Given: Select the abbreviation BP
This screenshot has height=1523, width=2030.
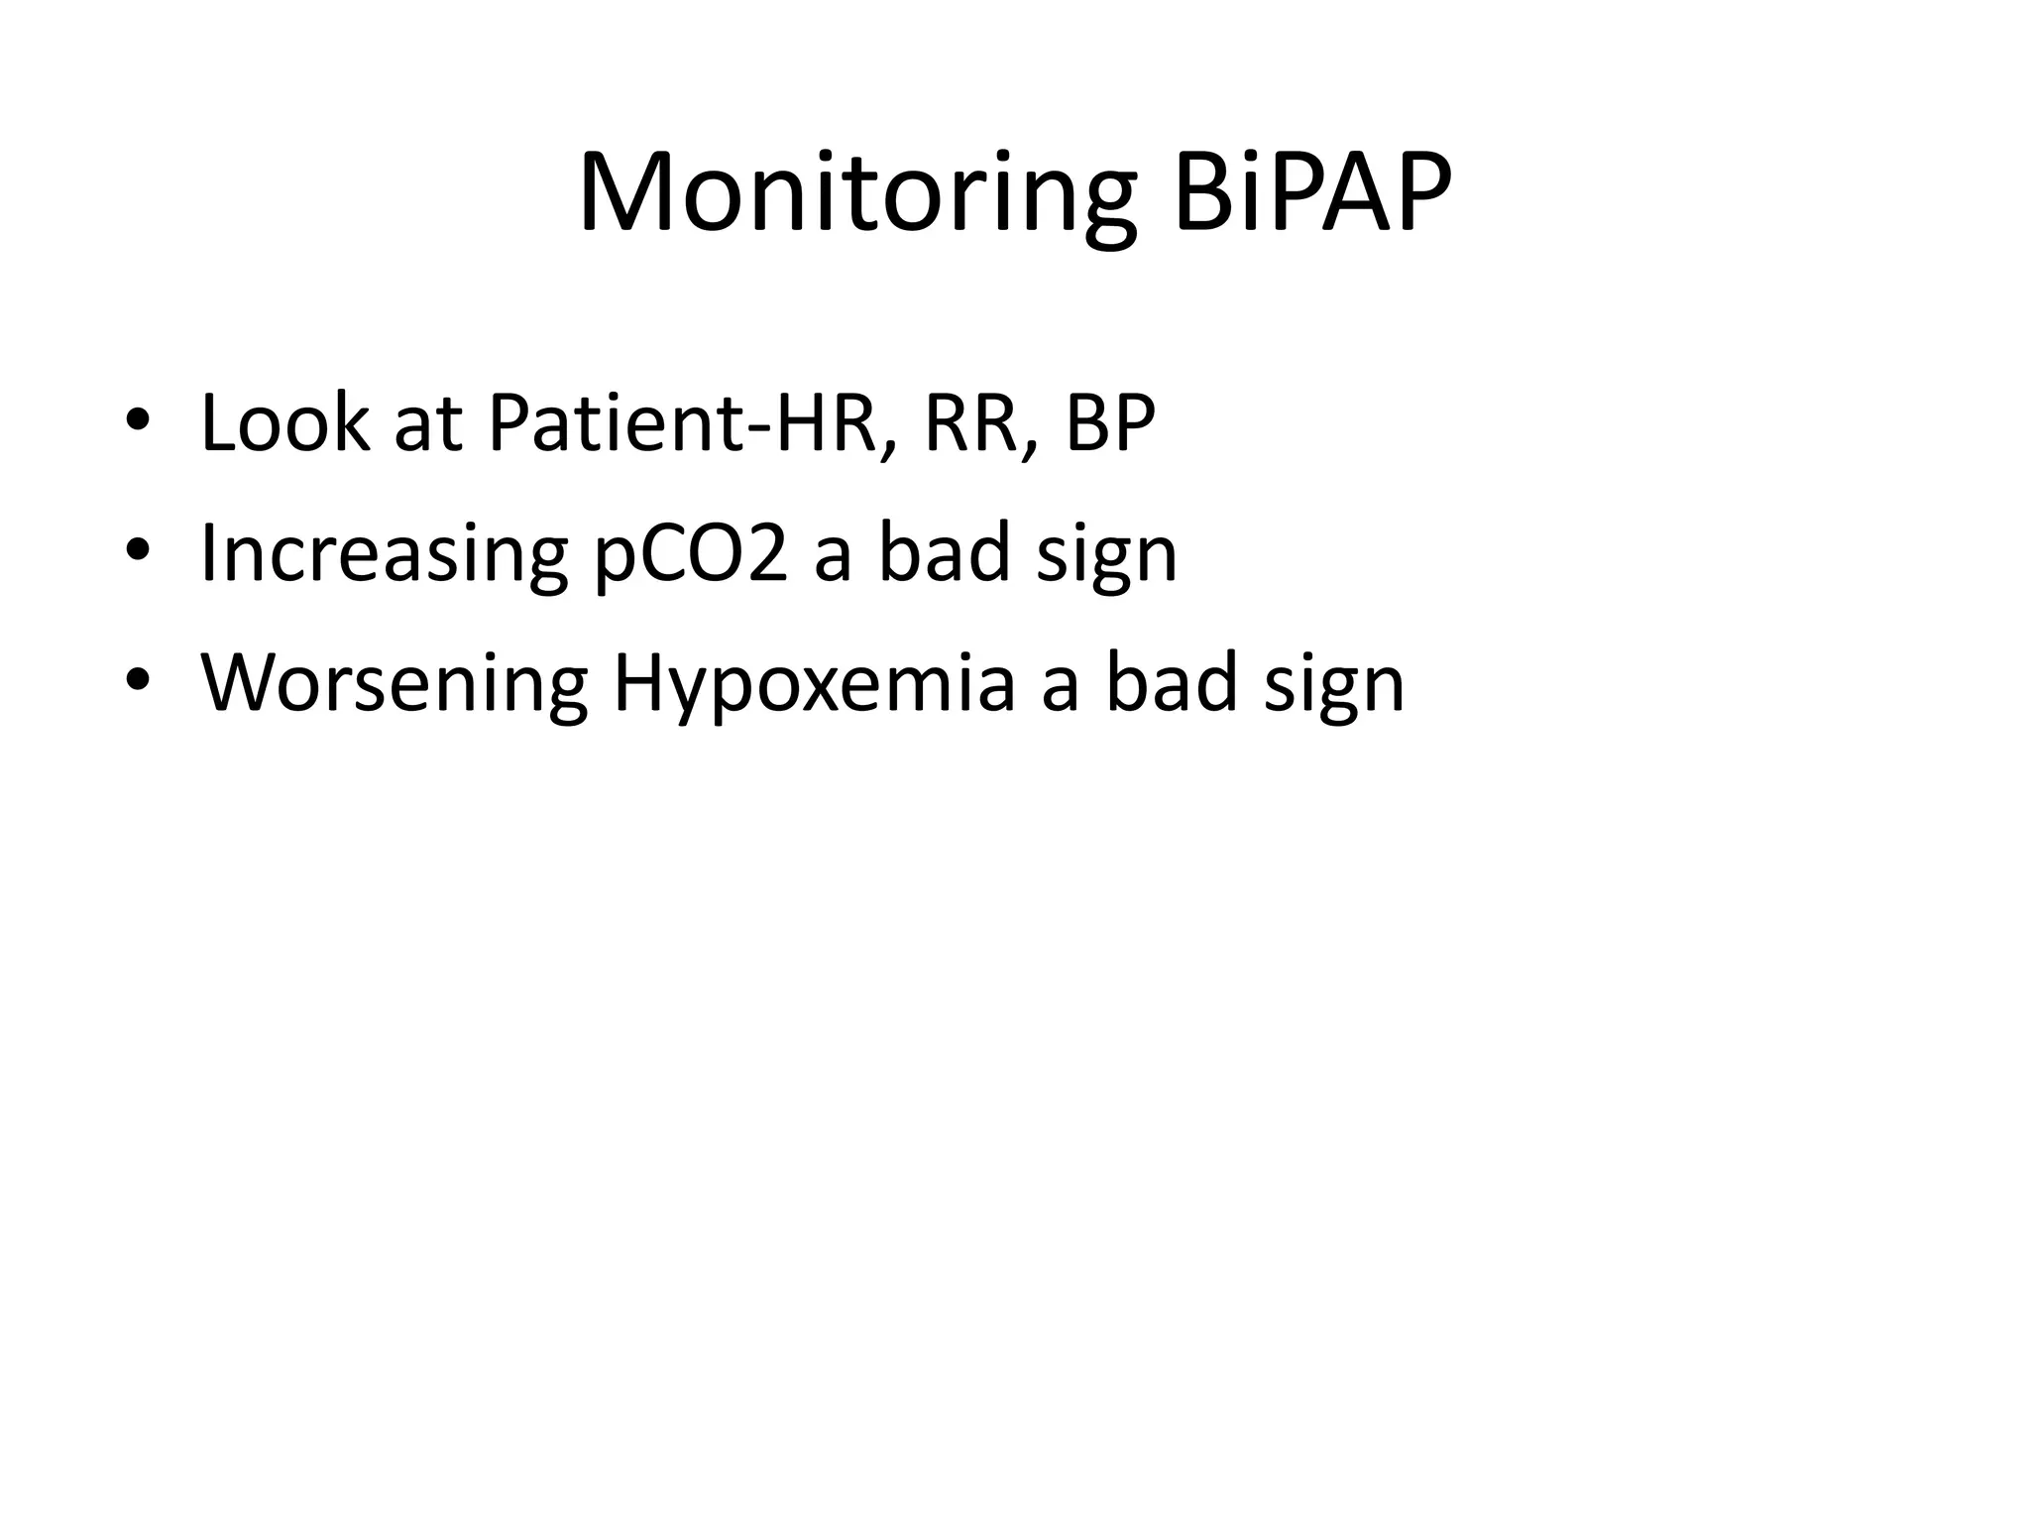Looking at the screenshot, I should point(1110,423).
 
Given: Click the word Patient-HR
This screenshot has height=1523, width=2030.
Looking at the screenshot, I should point(684,423).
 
